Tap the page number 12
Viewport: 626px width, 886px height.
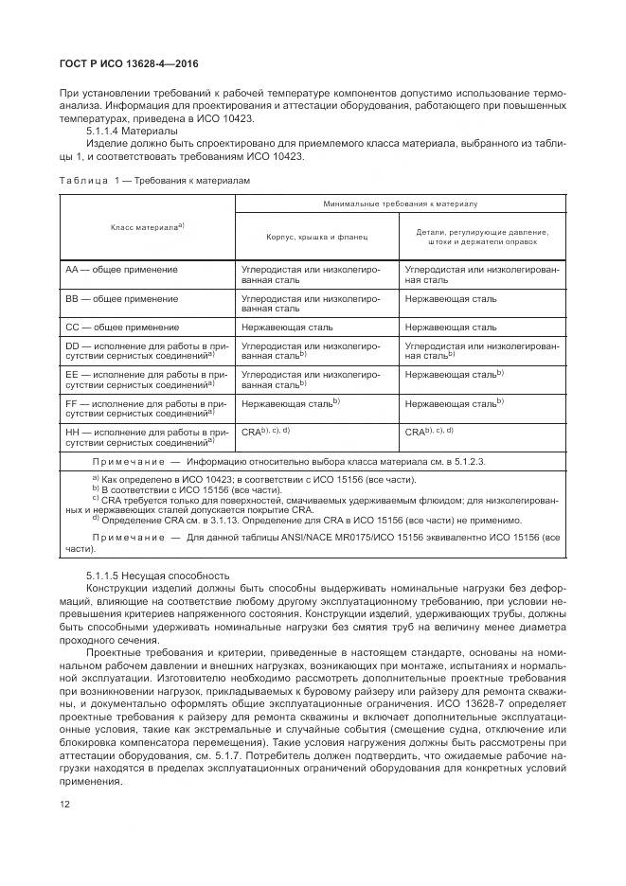tap(65, 804)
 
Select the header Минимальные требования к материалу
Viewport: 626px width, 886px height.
tap(400, 204)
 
